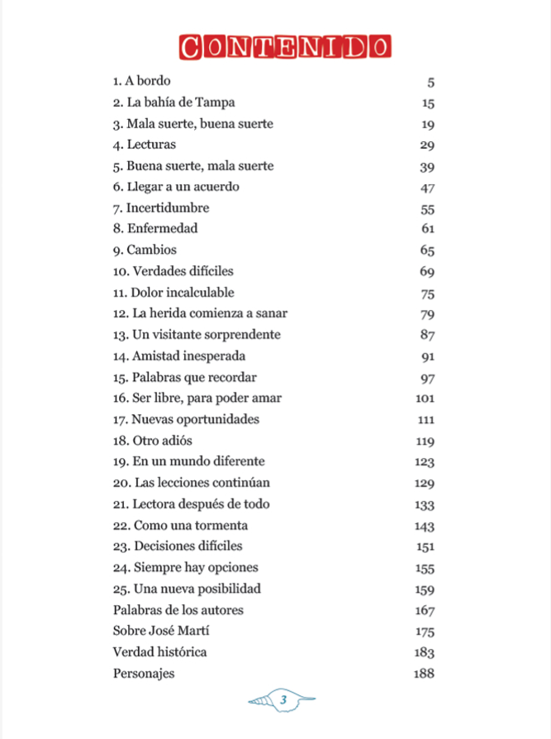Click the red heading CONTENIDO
[283, 47]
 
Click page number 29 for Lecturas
[427, 145]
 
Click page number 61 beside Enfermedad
[427, 230]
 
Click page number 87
[427, 336]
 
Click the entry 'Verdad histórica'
[159, 652]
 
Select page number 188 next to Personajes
[424, 674]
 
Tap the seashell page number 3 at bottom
[283, 700]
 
